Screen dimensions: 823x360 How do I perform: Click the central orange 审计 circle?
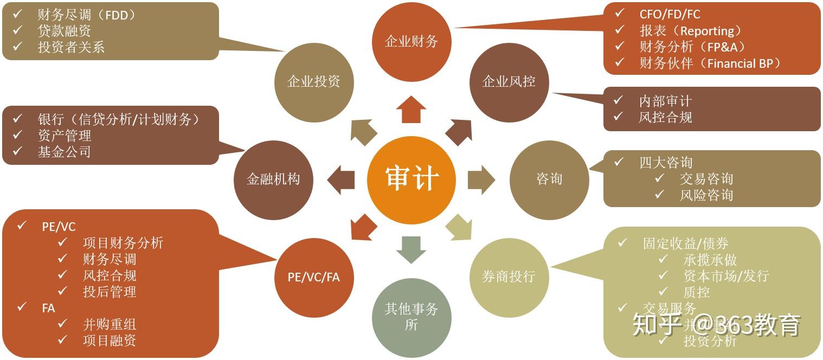tap(411, 178)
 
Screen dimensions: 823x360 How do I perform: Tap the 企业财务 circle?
tap(411, 42)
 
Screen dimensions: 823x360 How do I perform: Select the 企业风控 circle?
tap(509, 82)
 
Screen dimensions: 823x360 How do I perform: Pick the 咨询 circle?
tap(549, 179)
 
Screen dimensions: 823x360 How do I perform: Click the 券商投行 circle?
tap(509, 277)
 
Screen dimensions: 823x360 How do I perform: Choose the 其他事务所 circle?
tap(411, 317)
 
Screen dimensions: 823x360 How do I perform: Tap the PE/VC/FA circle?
tap(314, 277)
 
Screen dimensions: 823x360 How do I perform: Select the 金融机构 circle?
tap(273, 179)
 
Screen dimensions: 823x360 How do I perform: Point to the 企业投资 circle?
tap(314, 82)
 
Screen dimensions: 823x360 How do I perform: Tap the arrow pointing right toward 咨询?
tap(481, 179)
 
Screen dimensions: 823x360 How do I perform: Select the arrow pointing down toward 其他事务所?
tap(411, 249)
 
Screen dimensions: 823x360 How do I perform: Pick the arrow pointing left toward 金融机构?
tap(341, 179)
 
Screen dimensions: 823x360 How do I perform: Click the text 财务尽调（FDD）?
tap(86, 15)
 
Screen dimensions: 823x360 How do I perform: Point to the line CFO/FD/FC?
tap(670, 14)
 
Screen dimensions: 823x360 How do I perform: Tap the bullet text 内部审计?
tap(665, 101)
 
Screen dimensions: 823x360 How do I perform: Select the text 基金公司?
tap(64, 152)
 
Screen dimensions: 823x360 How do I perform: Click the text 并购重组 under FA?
tap(110, 324)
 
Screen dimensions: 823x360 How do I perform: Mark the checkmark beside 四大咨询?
tap(619, 162)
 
